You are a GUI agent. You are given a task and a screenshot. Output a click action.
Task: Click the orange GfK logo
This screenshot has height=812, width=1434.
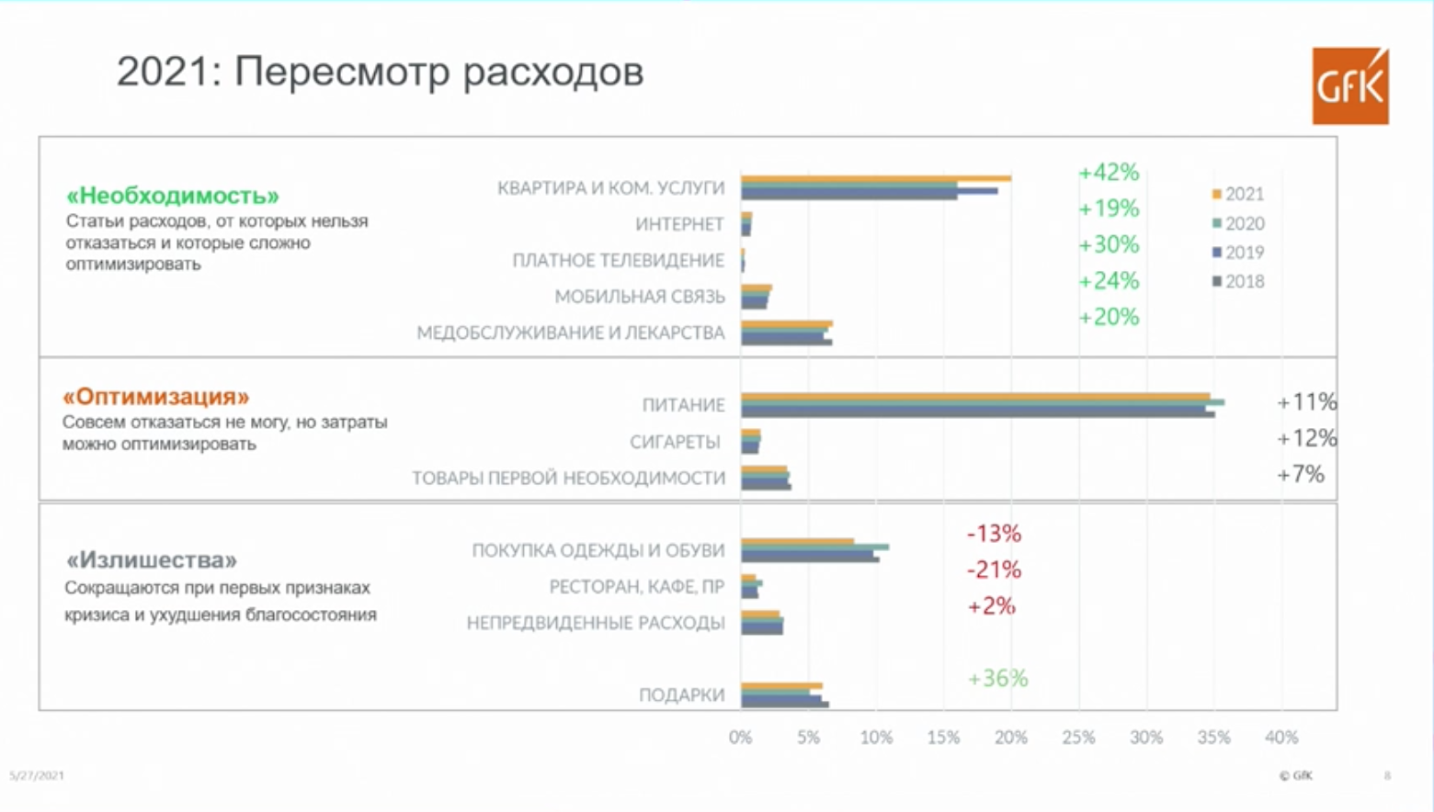click(1349, 86)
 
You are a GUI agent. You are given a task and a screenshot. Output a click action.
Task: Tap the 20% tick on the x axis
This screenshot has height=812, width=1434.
click(1011, 738)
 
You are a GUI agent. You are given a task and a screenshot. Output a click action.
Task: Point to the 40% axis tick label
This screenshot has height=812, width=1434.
click(1281, 738)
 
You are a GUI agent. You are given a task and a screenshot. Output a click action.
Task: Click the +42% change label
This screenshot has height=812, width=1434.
click(1109, 173)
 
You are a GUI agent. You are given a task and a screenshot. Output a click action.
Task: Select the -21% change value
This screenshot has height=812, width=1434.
click(994, 570)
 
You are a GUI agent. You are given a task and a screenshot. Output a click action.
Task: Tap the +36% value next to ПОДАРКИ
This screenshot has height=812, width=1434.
click(997, 679)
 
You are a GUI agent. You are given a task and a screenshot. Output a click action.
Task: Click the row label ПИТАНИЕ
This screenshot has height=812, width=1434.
click(683, 405)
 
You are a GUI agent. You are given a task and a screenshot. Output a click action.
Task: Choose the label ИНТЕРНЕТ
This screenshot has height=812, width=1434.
click(679, 224)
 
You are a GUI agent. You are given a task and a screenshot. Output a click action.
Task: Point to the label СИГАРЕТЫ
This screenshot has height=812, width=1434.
click(675, 442)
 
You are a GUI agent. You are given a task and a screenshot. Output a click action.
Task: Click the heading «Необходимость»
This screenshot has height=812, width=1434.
click(172, 196)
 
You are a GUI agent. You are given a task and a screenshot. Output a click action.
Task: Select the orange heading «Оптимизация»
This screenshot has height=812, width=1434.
click(155, 397)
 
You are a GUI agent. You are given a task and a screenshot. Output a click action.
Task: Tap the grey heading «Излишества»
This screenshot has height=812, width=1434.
click(151, 560)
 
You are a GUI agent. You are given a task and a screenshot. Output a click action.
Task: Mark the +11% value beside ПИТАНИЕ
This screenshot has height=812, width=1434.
click(1306, 402)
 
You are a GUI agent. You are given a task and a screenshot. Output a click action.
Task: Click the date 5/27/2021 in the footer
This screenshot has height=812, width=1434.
click(37, 776)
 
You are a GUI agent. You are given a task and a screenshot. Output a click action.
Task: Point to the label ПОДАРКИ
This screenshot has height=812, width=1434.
click(681, 695)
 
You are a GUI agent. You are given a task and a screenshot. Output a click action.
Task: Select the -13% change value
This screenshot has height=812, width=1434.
click(994, 534)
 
